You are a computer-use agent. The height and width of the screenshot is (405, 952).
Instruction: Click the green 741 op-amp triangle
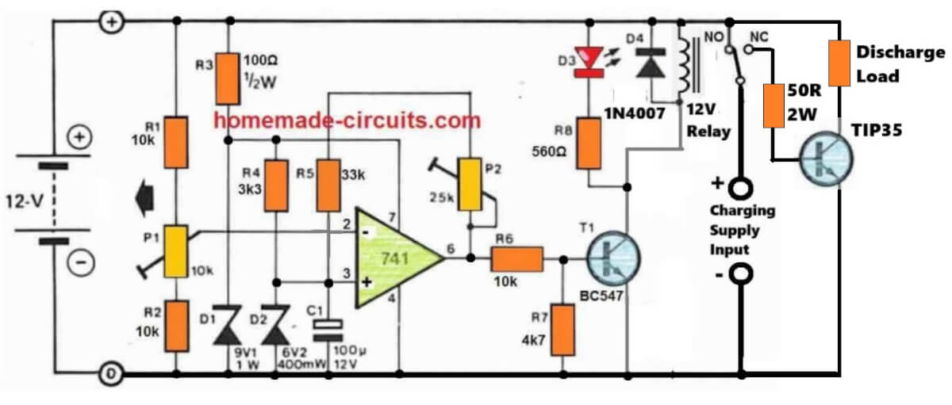pos(393,258)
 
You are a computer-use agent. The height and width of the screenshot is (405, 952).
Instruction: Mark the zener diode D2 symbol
pos(277,327)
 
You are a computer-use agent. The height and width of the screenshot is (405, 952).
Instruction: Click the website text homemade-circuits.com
pos(347,120)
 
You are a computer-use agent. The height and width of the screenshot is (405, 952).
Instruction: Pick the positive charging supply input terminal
pos(741,190)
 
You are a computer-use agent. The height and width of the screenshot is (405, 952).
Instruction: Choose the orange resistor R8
pos(588,143)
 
